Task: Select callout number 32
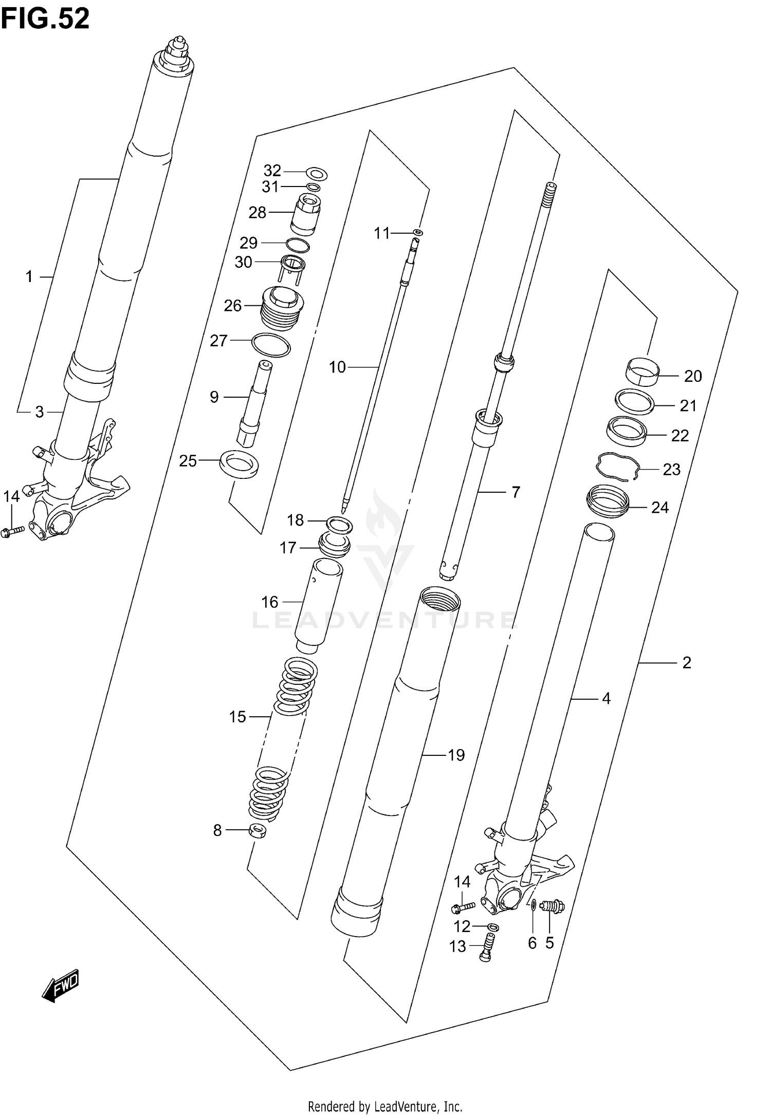pos(272,170)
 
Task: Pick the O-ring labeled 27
pos(271,344)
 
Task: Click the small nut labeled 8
pos(258,831)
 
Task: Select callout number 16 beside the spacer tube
pos(269,602)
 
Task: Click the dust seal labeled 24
pos(608,501)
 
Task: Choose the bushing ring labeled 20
pos(643,371)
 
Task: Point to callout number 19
pos(456,755)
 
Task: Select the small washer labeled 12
pos(492,926)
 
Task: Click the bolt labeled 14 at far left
pos(13,530)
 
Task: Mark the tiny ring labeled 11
pos(419,233)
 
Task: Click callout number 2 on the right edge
pos(687,663)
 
